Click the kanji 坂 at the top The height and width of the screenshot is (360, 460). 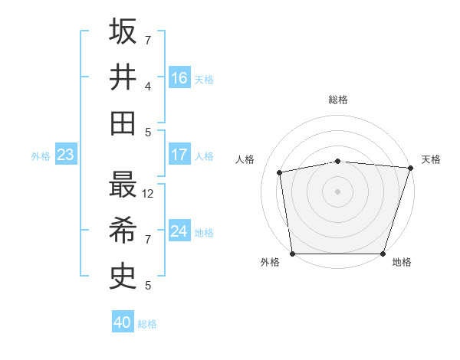(123, 32)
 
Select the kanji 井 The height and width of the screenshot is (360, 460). (123, 77)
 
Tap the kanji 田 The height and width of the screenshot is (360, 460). (123, 123)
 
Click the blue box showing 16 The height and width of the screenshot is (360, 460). (179, 78)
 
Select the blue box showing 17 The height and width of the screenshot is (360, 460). (179, 155)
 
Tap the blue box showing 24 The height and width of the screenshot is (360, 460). (179, 231)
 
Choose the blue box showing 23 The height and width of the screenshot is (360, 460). (65, 155)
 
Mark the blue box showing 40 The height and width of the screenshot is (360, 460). (123, 322)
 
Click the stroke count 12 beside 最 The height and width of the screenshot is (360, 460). (149, 194)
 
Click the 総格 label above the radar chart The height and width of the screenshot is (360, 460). (338, 100)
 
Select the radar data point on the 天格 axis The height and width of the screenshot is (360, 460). (410, 168)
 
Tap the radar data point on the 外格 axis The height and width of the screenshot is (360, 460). (292, 254)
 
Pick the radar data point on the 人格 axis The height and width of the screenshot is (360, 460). (280, 172)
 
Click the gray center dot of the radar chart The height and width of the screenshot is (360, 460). (338, 191)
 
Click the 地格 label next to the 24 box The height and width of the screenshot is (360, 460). (204, 232)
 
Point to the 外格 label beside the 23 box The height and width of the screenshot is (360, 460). (41, 156)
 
